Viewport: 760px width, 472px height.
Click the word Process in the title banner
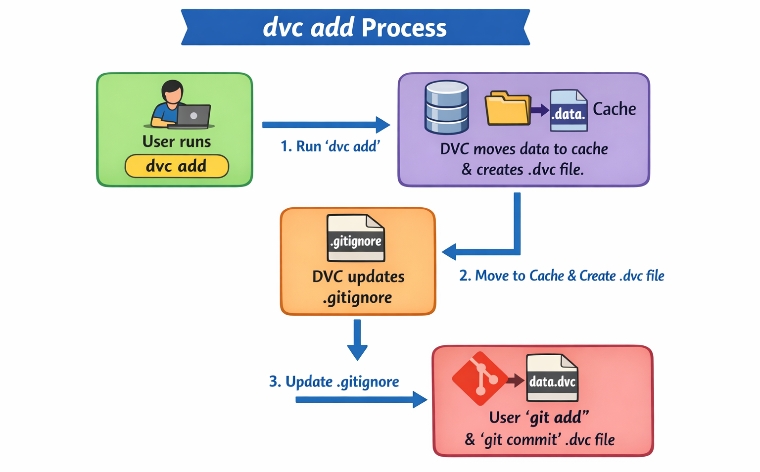pos(404,28)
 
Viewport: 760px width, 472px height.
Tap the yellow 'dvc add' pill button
pos(176,166)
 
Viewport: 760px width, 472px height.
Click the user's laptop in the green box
pos(193,116)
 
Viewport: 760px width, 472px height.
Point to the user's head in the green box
pos(173,92)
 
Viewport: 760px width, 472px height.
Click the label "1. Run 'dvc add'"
pos(330,146)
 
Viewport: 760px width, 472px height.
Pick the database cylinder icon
pos(446,107)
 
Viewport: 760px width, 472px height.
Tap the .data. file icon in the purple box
pos(569,110)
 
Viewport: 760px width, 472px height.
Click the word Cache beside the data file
pos(614,109)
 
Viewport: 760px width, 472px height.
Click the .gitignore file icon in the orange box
pos(355,238)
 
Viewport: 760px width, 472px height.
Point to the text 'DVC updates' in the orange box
pos(358,277)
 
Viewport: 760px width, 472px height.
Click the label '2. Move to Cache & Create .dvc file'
pos(562,276)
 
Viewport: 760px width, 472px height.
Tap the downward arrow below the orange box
pos(357,340)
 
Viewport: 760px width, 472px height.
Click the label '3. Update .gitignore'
pos(334,382)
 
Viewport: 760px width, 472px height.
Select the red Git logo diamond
pos(479,378)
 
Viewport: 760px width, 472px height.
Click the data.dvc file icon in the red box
pos(552,378)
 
